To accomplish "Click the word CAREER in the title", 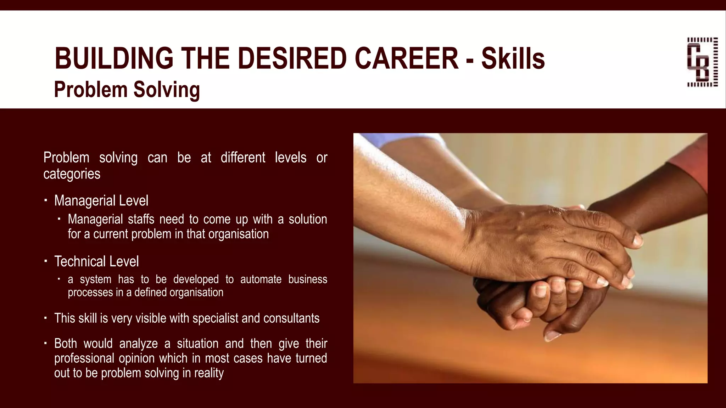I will [x=407, y=58].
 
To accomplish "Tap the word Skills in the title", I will [x=513, y=58].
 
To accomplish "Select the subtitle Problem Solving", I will [x=127, y=89].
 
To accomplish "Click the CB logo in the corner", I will [x=702, y=62].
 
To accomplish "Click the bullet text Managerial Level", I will [x=101, y=201].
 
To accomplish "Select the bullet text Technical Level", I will [x=96, y=262].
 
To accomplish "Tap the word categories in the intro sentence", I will [x=72, y=174].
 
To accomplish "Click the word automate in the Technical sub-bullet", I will [x=261, y=279].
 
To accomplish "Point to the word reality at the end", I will [x=209, y=373].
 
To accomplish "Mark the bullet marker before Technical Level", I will [x=46, y=261].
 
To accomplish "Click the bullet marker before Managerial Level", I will [x=46, y=200].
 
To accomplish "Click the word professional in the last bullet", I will [x=84, y=358].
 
